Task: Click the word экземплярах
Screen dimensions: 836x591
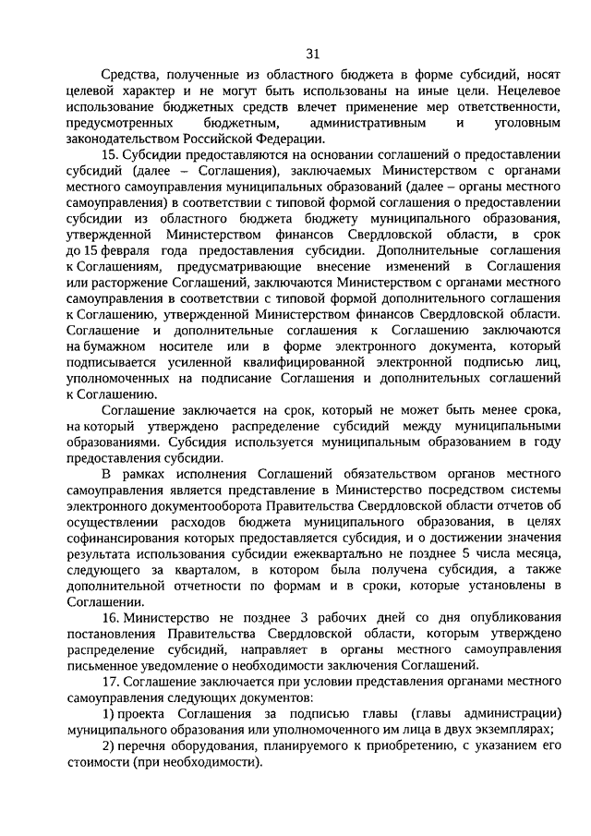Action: pos(514,729)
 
